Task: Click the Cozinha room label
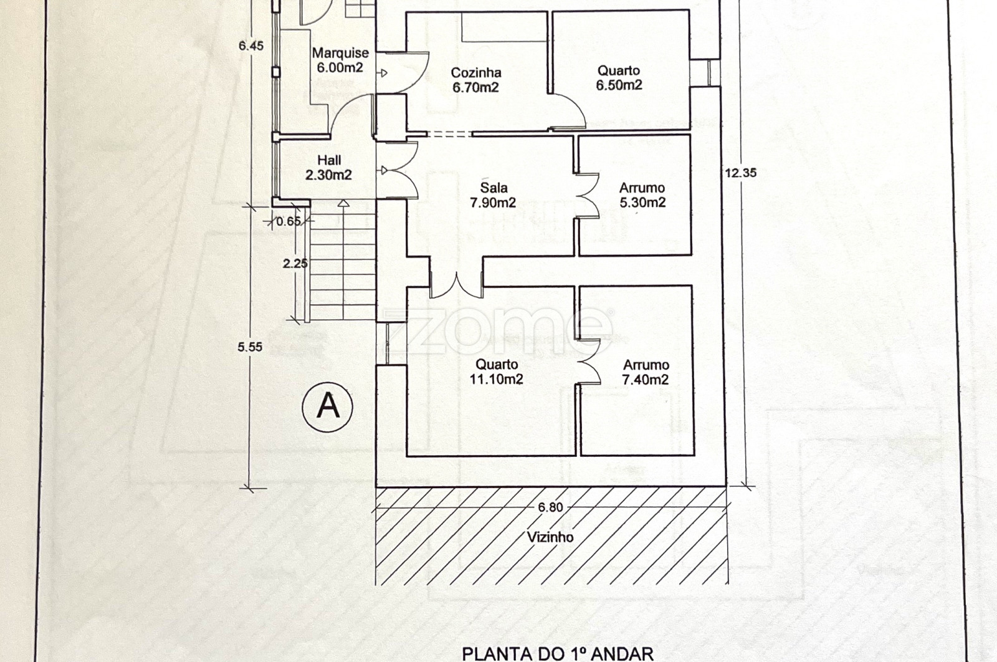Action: click(476, 73)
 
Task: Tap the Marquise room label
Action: click(340, 54)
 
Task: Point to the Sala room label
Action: click(494, 188)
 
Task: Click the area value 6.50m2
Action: click(619, 85)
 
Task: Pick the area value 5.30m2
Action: click(642, 203)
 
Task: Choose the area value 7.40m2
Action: click(646, 380)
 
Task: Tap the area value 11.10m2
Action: click(496, 380)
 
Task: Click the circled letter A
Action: click(328, 407)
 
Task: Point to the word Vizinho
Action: click(550, 537)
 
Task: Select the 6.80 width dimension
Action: click(550, 507)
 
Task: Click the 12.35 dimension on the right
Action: click(741, 173)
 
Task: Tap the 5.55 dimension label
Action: click(250, 348)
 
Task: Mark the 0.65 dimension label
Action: click(289, 221)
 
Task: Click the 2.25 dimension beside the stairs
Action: click(295, 264)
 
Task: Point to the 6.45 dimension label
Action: click(251, 46)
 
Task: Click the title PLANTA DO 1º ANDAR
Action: click(558, 653)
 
